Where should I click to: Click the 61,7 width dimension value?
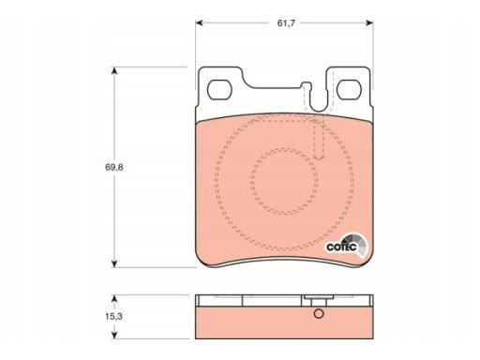(286, 23)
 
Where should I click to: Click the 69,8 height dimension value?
(114, 167)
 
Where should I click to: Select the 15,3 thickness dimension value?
(113, 316)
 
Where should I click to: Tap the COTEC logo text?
(341, 247)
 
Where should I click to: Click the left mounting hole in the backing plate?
(219, 90)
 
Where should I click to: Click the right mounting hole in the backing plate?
(349, 90)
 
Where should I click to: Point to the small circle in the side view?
(319, 313)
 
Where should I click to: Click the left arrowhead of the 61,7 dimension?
(200, 22)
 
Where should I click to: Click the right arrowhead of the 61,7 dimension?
(369, 22)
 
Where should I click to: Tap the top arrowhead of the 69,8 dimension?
(114, 71)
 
